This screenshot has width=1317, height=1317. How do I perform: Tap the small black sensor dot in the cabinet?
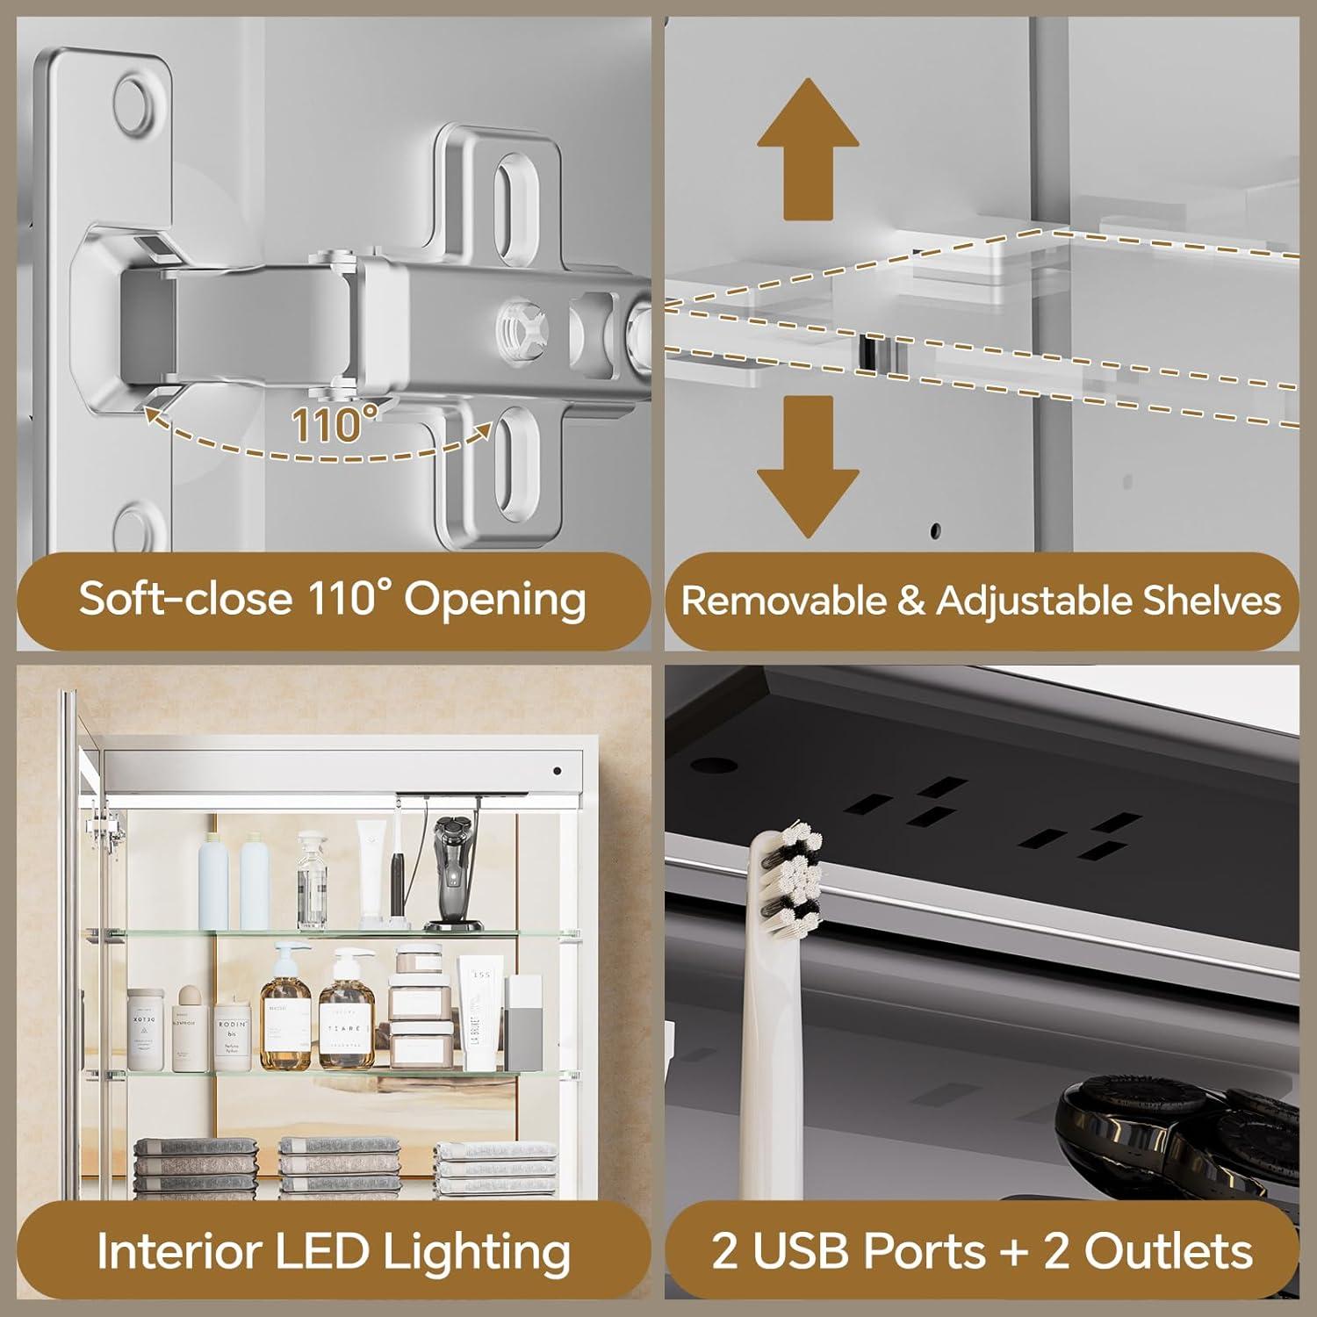(558, 772)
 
